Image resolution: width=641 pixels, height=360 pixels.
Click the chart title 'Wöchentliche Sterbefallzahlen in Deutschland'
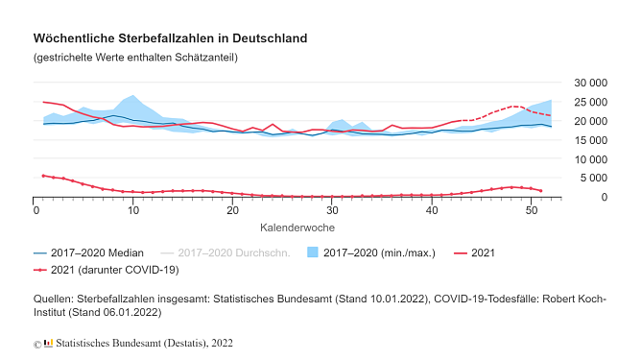tap(170, 39)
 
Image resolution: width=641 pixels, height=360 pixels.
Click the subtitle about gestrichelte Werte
tap(135, 58)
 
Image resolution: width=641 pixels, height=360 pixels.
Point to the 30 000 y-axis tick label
tap(589, 84)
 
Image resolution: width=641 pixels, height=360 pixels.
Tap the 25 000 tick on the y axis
tap(589, 103)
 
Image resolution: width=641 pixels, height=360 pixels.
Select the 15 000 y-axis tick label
tap(589, 140)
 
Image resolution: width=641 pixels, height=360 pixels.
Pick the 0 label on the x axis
tap(36, 210)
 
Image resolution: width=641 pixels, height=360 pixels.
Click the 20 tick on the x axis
tap(232, 210)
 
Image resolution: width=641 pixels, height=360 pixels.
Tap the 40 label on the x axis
tap(431, 210)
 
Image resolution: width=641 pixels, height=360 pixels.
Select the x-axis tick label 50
tap(530, 210)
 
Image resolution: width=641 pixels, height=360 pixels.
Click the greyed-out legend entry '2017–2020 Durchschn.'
tap(235, 252)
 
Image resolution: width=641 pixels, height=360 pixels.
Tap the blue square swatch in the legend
tap(312, 252)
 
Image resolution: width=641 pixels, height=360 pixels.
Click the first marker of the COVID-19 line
tap(43, 176)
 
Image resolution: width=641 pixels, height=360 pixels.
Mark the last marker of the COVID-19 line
tap(540, 191)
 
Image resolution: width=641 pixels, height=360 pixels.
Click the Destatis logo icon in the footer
tap(48, 343)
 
